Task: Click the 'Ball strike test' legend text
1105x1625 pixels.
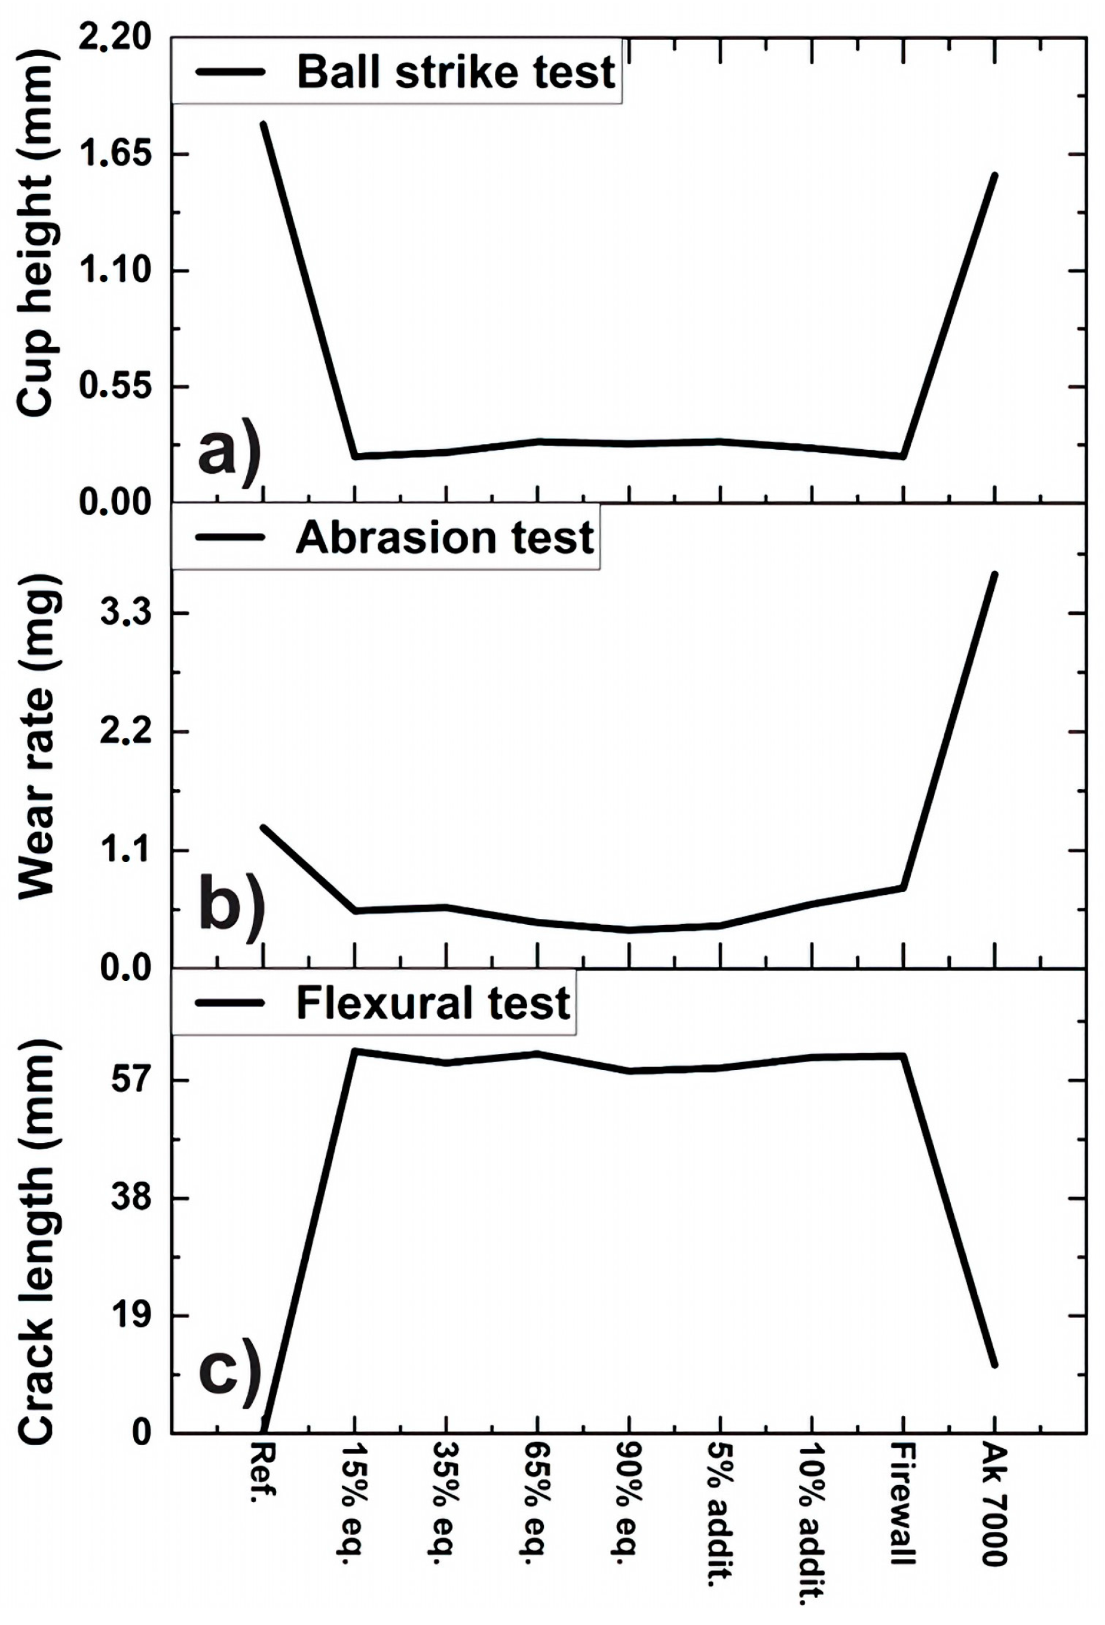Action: [x=456, y=72]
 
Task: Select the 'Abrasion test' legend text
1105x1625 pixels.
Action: [x=445, y=538]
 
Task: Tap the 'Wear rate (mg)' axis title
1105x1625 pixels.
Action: [x=35, y=737]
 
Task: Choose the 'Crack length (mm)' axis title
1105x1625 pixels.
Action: [x=35, y=1240]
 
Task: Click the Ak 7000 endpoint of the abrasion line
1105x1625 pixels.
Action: [x=994, y=574]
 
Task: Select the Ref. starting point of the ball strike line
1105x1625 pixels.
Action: [x=263, y=124]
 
